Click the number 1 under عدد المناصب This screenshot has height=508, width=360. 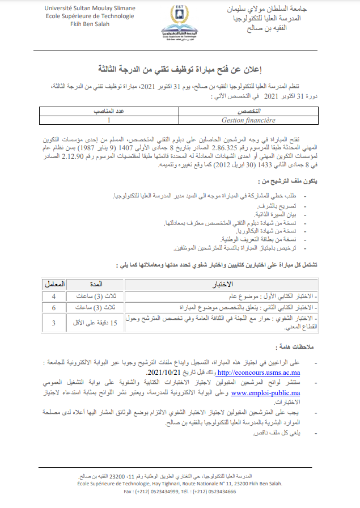[x=109, y=120]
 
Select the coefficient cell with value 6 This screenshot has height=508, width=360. [x=54, y=307]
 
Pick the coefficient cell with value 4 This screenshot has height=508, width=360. [x=54, y=296]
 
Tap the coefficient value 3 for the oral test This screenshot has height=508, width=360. [x=54, y=323]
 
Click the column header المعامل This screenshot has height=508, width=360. [x=54, y=283]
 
